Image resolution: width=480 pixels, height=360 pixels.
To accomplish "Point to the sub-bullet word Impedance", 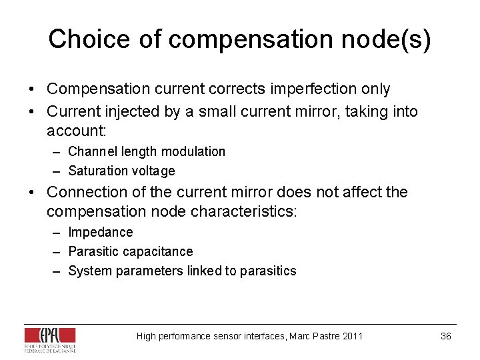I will [x=101, y=233].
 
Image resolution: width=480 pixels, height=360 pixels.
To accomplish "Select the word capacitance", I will [x=156, y=252].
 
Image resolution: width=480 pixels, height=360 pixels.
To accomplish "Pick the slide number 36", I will [x=446, y=336].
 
